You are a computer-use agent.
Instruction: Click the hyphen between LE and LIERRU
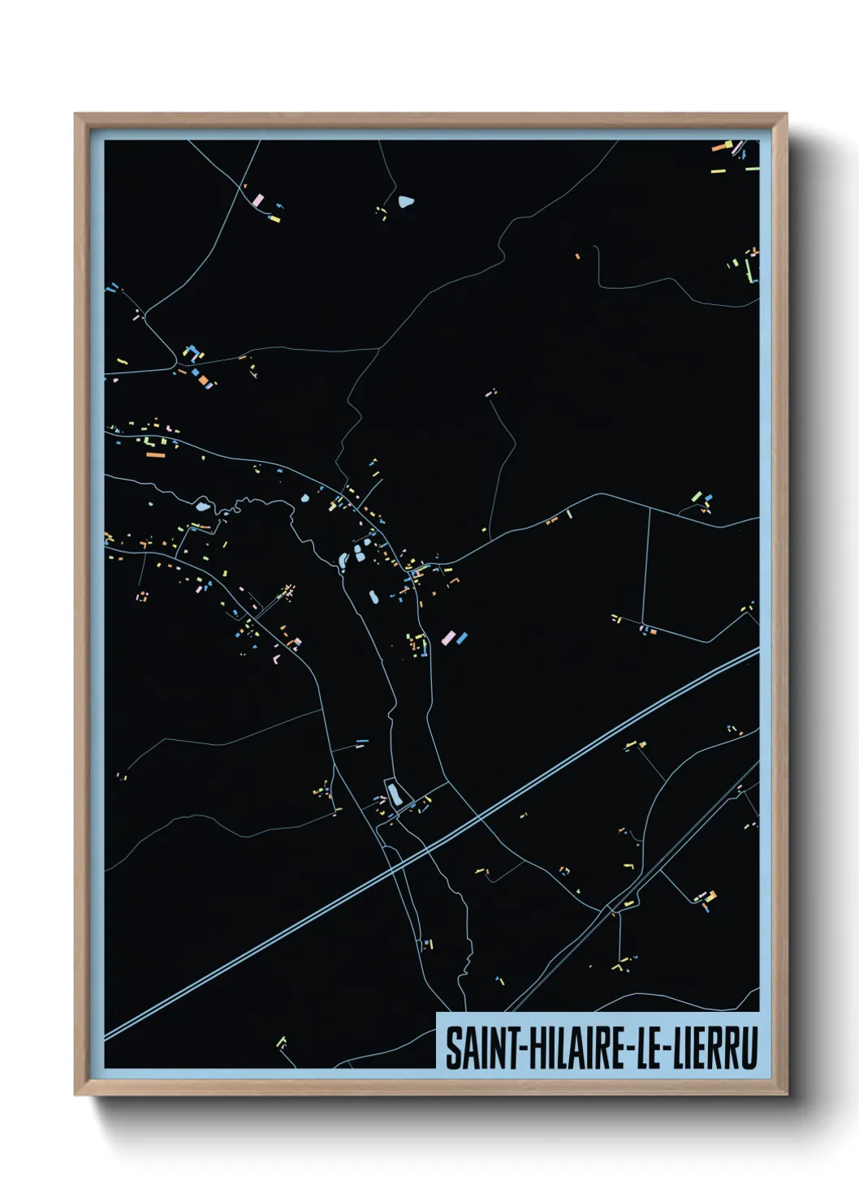pyautogui.click(x=665, y=1050)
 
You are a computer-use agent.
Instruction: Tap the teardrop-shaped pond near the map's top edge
pyautogui.click(x=405, y=201)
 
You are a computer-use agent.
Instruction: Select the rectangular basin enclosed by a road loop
pyautogui.click(x=394, y=793)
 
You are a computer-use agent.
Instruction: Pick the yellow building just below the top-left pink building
pyautogui.click(x=274, y=218)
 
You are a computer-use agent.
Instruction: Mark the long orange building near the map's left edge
pyautogui.click(x=155, y=455)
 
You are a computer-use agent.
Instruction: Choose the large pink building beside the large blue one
pyautogui.click(x=448, y=637)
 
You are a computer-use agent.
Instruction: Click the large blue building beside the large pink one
pyautogui.click(x=462, y=639)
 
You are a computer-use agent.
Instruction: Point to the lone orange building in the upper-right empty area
pyautogui.click(x=578, y=256)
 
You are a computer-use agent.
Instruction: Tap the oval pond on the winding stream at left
pyautogui.click(x=202, y=507)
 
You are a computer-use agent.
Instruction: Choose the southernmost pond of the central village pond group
pyautogui.click(x=373, y=597)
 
